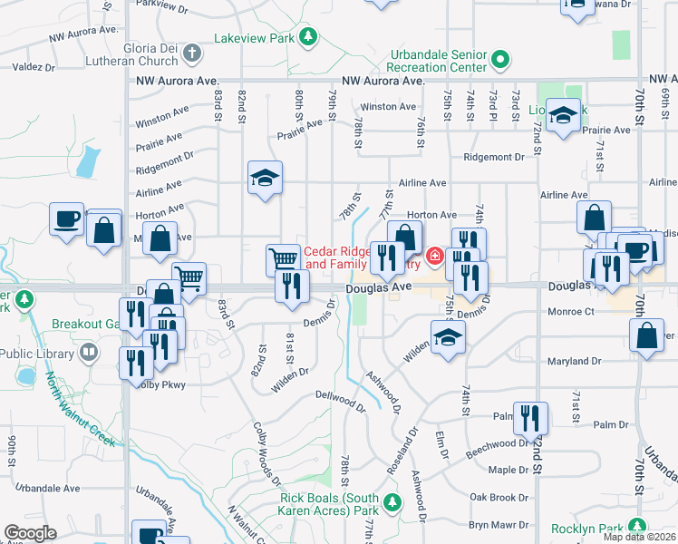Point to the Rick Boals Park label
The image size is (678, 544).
[x=329, y=505]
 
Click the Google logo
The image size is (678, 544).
[x=30, y=533]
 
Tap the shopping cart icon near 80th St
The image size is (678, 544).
[x=283, y=260]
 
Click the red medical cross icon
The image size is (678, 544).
[x=435, y=257]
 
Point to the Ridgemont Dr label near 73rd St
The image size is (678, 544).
[x=493, y=157]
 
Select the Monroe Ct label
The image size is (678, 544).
[x=570, y=311]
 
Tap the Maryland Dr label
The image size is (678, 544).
[x=575, y=362]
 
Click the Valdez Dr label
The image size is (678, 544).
[x=35, y=66]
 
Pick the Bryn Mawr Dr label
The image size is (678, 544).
[x=499, y=524]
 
